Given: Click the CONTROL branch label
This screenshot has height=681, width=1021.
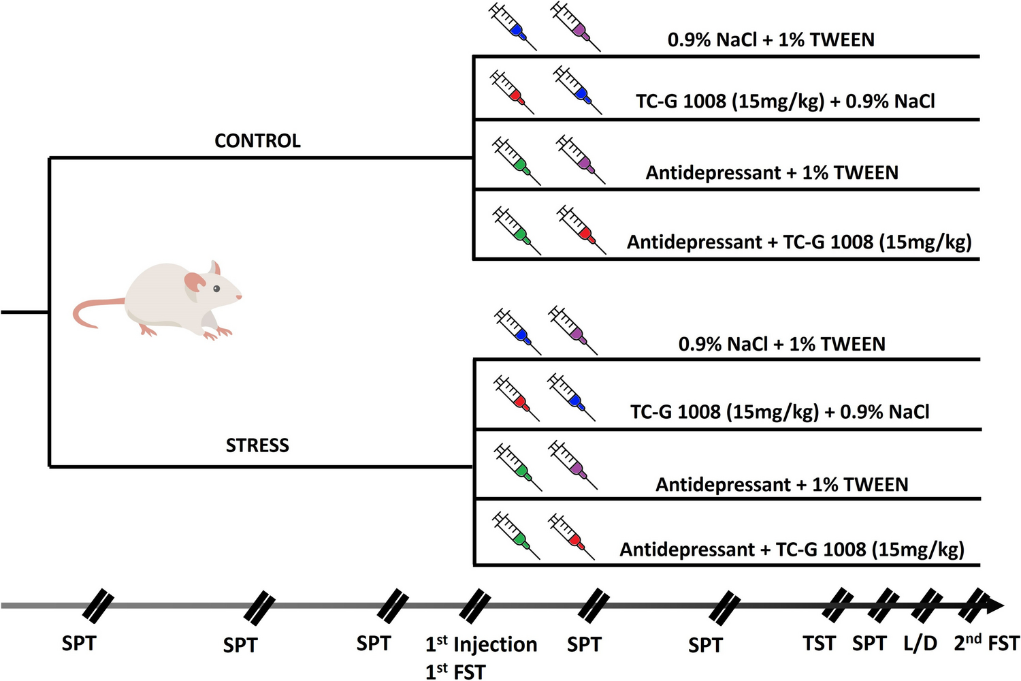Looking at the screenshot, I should [x=257, y=141].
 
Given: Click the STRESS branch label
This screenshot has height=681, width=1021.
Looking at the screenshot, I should [x=257, y=445].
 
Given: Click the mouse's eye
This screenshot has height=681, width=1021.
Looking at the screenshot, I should [x=216, y=289].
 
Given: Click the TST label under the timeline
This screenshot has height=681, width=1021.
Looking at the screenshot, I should [x=819, y=644].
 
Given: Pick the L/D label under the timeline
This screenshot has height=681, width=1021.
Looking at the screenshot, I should [x=920, y=644].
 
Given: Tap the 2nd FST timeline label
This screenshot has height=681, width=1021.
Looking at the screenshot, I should [x=986, y=643].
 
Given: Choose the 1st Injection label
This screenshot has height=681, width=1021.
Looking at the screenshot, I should [x=481, y=644].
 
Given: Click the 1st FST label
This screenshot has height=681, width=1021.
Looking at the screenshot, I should [x=455, y=671].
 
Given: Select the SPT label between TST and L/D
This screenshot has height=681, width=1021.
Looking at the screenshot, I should [x=869, y=644].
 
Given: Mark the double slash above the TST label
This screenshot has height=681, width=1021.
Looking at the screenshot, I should [x=837, y=605].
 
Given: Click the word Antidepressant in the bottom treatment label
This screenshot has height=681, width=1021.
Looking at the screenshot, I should [x=687, y=550].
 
